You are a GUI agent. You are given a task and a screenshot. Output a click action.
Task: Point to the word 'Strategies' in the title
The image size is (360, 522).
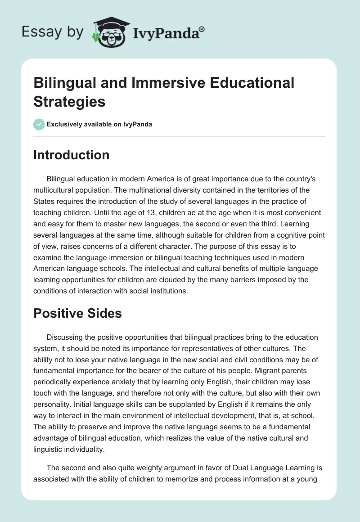69,101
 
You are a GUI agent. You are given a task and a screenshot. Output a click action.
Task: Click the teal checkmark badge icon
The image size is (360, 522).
39,124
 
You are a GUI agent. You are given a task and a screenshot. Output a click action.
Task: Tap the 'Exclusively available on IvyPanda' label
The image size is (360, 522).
99,124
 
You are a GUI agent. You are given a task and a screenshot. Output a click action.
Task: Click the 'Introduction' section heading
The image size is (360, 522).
71,155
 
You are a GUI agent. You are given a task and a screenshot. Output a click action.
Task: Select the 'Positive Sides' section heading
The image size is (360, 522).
77,313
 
